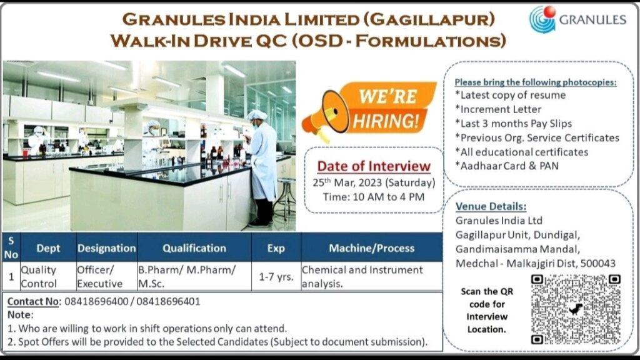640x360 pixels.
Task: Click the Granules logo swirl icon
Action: click(x=542, y=19)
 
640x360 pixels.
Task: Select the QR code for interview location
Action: click(x=576, y=309)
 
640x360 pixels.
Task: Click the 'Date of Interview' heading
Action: click(x=374, y=166)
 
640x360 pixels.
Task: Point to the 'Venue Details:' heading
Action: click(x=491, y=206)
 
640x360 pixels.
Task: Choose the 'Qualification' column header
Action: click(x=194, y=247)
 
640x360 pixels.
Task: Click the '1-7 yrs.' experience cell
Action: click(x=276, y=276)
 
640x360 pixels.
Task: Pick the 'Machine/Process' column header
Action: click(x=372, y=247)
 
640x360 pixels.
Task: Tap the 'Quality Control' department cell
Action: click(x=39, y=276)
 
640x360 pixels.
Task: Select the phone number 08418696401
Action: click(x=169, y=302)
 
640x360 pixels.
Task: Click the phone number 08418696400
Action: click(x=96, y=302)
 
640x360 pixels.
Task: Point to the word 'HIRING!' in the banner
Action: click(x=386, y=121)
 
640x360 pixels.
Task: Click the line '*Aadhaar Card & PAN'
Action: click(x=507, y=166)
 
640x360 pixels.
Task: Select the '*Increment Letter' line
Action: click(x=498, y=109)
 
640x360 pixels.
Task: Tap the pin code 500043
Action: click(x=598, y=263)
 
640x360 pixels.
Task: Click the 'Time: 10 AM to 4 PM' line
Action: click(x=374, y=197)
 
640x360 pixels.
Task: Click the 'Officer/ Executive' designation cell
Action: click(x=99, y=276)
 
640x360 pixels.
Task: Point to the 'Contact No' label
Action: click(x=33, y=302)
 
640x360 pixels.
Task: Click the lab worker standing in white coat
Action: click(x=262, y=167)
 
